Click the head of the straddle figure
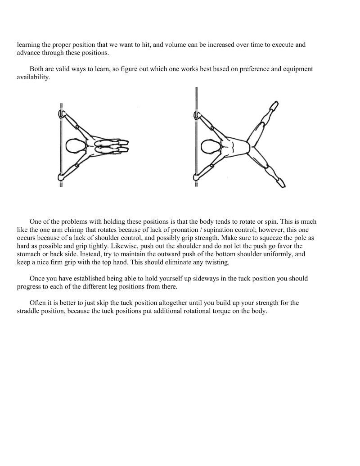pos(210,146)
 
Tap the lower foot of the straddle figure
pos(280,182)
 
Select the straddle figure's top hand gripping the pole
pos(197,116)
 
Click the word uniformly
pos(268,254)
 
